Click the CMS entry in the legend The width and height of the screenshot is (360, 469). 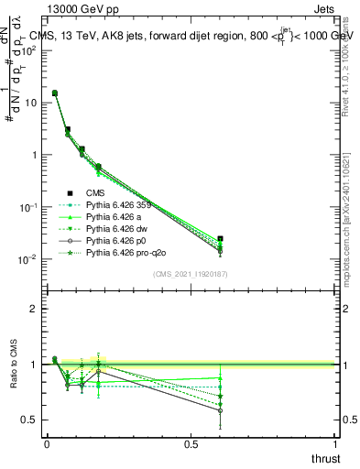[x=96, y=193]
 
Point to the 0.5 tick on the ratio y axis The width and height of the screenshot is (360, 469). [x=30, y=420]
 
